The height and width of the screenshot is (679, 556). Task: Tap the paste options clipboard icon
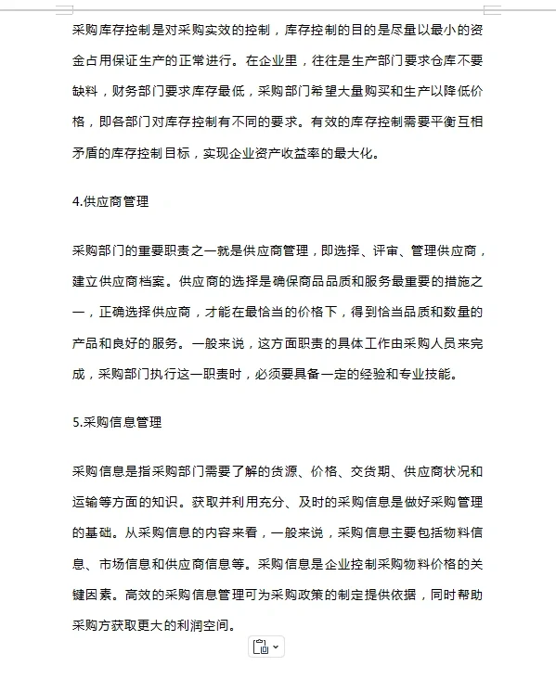point(260,647)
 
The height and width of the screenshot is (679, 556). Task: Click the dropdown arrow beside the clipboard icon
point(276,647)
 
